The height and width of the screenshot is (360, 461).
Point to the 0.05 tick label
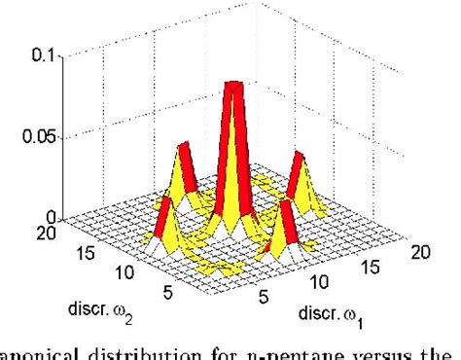click(x=34, y=138)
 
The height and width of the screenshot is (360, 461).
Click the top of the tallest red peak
click(x=232, y=86)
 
